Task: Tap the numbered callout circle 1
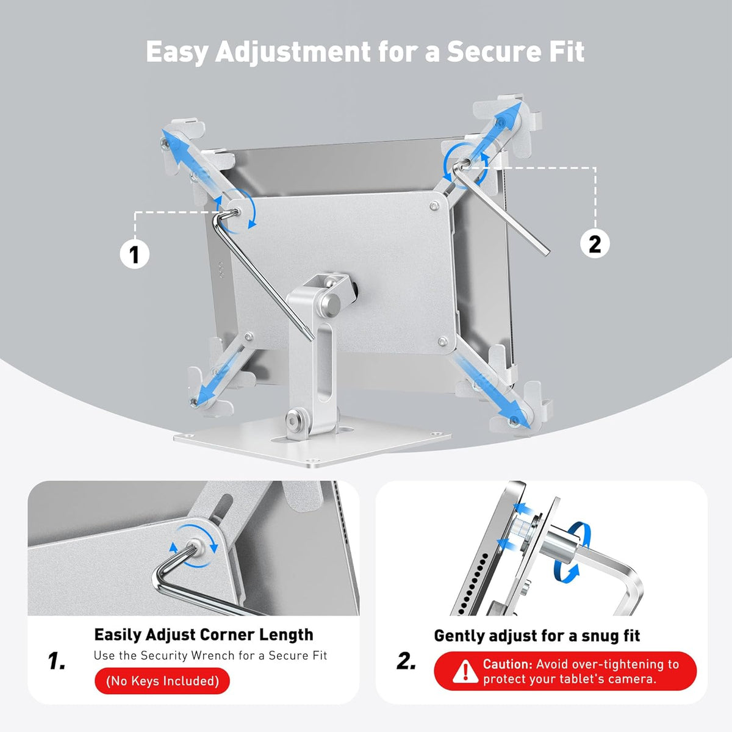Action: pyautogui.click(x=134, y=254)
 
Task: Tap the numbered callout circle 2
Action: pyautogui.click(x=594, y=244)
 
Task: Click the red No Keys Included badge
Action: pyautogui.click(x=162, y=681)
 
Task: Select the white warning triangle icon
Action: pyautogui.click(x=465, y=672)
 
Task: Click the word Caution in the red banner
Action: pyautogui.click(x=508, y=664)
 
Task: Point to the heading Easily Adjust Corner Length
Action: pyautogui.click(x=204, y=634)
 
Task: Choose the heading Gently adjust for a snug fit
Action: pyautogui.click(x=537, y=636)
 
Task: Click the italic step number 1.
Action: pyautogui.click(x=57, y=661)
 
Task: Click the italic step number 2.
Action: pyautogui.click(x=406, y=661)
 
